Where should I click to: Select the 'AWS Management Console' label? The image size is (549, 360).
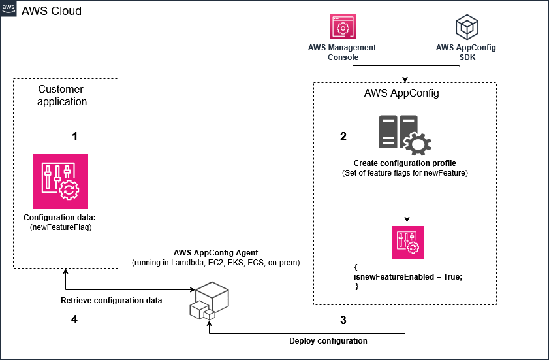tap(342, 52)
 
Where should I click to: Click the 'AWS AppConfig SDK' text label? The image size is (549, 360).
tap(466, 52)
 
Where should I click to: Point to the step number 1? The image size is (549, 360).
tap(74, 137)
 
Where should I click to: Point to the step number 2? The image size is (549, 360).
tap(343, 137)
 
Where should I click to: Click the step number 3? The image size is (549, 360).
tap(343, 320)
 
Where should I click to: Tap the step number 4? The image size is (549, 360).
tap(74, 320)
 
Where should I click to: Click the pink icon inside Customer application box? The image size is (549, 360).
tap(60, 181)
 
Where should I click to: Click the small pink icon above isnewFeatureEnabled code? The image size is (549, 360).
tap(407, 242)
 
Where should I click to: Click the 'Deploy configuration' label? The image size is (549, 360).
tap(328, 341)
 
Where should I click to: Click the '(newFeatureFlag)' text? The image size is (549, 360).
tap(59, 228)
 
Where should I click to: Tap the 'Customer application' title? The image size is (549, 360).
tap(62, 95)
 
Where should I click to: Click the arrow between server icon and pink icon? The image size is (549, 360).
tap(407, 203)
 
